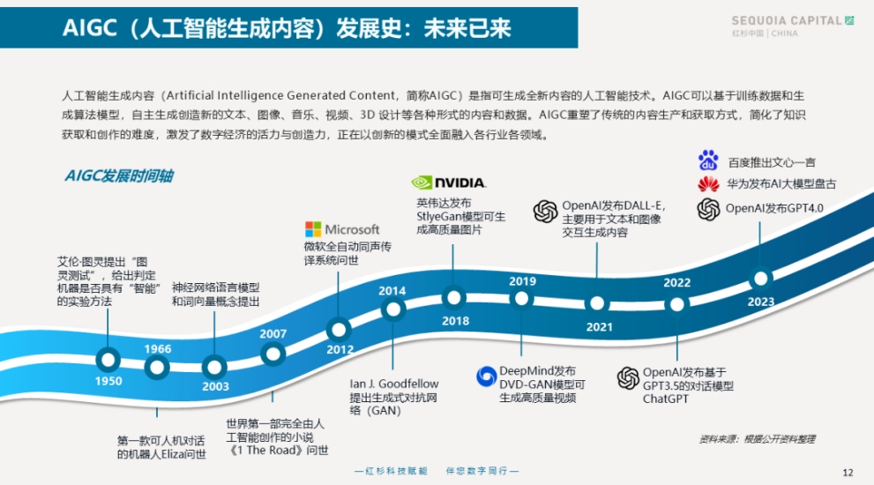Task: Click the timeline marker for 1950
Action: point(108,360)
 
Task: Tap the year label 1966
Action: point(158,349)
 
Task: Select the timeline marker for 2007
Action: point(273,354)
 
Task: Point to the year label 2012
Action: point(340,349)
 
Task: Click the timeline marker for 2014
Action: point(393,309)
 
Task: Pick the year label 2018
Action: point(455,321)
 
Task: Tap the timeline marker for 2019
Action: point(522,299)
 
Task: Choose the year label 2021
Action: point(599,327)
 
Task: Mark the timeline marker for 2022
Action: point(677,305)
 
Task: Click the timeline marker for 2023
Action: point(761,278)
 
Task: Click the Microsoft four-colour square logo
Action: point(313,229)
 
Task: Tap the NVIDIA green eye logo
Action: point(422,183)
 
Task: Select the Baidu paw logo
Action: point(708,160)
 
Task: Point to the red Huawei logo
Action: point(708,183)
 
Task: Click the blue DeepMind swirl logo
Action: point(487,377)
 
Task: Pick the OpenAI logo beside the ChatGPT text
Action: point(628,378)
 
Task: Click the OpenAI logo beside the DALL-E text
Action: point(545,212)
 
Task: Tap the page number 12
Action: point(848,473)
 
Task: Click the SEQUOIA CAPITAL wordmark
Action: point(787,20)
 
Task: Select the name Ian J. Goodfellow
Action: point(394,384)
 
